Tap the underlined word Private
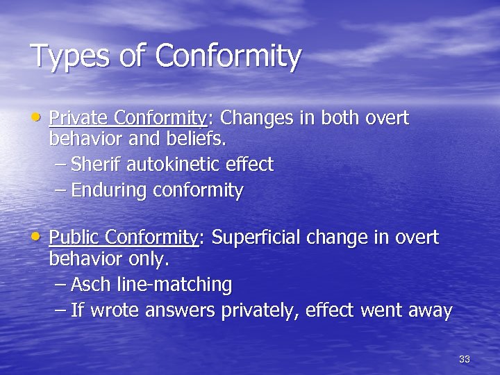79,118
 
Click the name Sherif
94,165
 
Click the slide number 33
465,359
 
